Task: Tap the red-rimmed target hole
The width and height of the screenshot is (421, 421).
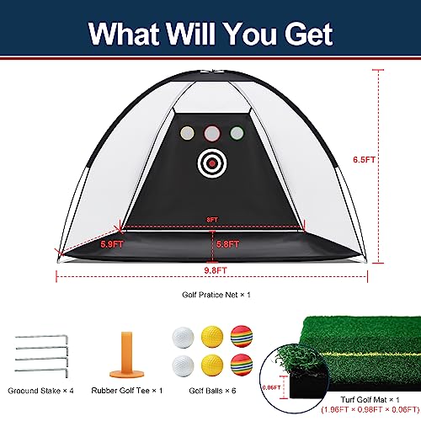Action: click(211, 132)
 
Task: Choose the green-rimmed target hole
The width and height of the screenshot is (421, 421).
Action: click(237, 132)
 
